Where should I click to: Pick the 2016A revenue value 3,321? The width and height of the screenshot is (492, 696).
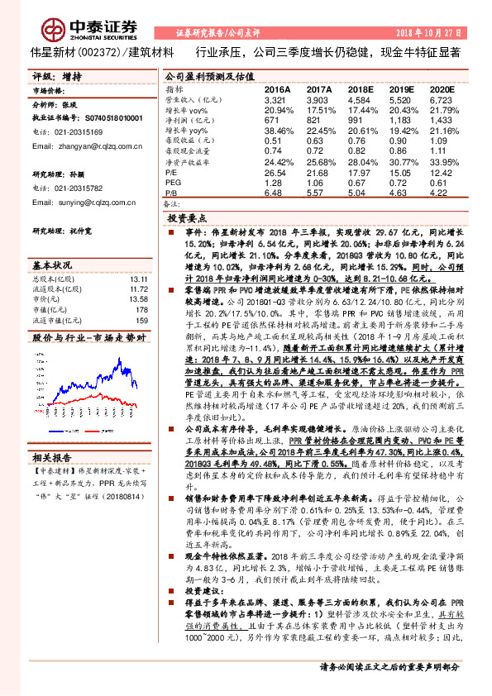(x=275, y=98)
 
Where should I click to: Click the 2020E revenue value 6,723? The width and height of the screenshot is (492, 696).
(x=442, y=98)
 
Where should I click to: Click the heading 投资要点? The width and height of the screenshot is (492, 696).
(x=188, y=217)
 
